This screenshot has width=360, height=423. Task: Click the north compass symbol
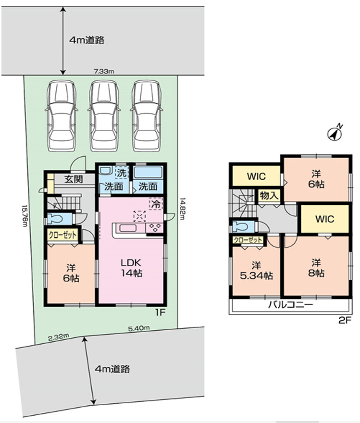(x=335, y=133)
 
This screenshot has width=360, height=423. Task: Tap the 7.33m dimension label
(x=104, y=72)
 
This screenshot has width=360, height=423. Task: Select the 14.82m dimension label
(x=183, y=209)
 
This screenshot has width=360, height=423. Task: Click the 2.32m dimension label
(x=59, y=337)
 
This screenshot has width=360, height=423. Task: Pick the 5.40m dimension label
(x=139, y=328)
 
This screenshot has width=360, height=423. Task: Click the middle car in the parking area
(x=104, y=116)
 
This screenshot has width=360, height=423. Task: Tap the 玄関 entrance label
(x=74, y=179)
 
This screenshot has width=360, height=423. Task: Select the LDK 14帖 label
(x=131, y=268)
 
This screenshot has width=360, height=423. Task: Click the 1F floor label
(x=160, y=312)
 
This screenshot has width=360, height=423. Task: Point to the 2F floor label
(x=345, y=320)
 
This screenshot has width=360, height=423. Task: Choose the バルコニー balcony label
(x=290, y=305)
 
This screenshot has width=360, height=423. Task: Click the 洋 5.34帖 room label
(x=257, y=270)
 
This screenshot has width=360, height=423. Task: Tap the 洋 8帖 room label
(x=316, y=268)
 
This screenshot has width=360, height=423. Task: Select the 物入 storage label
(x=269, y=195)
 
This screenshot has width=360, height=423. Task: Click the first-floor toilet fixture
(x=59, y=219)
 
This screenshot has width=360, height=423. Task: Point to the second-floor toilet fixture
(x=243, y=226)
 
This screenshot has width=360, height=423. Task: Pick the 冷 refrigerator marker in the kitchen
(x=156, y=204)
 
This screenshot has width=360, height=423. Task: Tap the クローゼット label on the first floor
(x=62, y=236)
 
